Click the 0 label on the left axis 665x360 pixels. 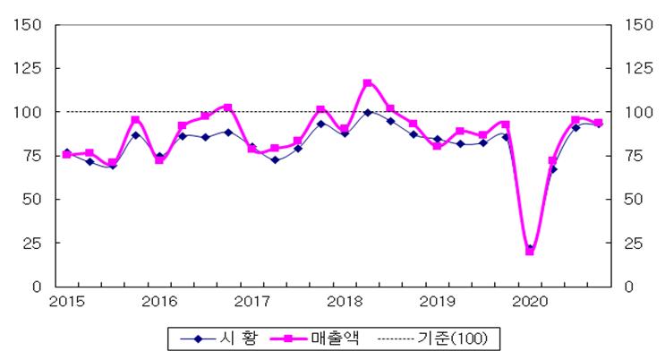38,287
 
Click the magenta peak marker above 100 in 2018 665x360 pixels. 368,83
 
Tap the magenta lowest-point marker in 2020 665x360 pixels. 529,252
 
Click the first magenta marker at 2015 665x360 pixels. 66,155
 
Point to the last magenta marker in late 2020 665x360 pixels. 598,124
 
